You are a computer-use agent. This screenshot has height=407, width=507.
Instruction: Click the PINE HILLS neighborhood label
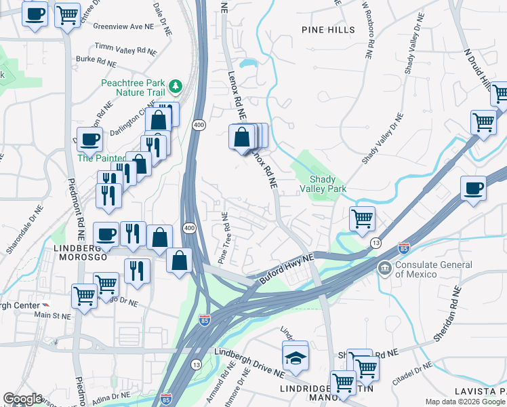[x=328, y=30]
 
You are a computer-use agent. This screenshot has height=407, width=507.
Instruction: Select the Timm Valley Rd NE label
[x=126, y=49]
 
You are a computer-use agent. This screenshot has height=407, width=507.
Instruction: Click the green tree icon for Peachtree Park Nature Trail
[x=176, y=85]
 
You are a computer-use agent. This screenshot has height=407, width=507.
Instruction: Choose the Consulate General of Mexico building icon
[x=385, y=269]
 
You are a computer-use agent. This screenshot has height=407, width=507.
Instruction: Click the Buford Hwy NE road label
[x=287, y=268]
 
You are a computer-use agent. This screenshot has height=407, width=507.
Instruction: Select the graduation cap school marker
[x=296, y=357]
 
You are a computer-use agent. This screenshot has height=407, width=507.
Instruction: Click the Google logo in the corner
[x=22, y=399]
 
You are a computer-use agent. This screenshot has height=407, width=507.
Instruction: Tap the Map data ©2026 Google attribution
[x=464, y=402]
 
